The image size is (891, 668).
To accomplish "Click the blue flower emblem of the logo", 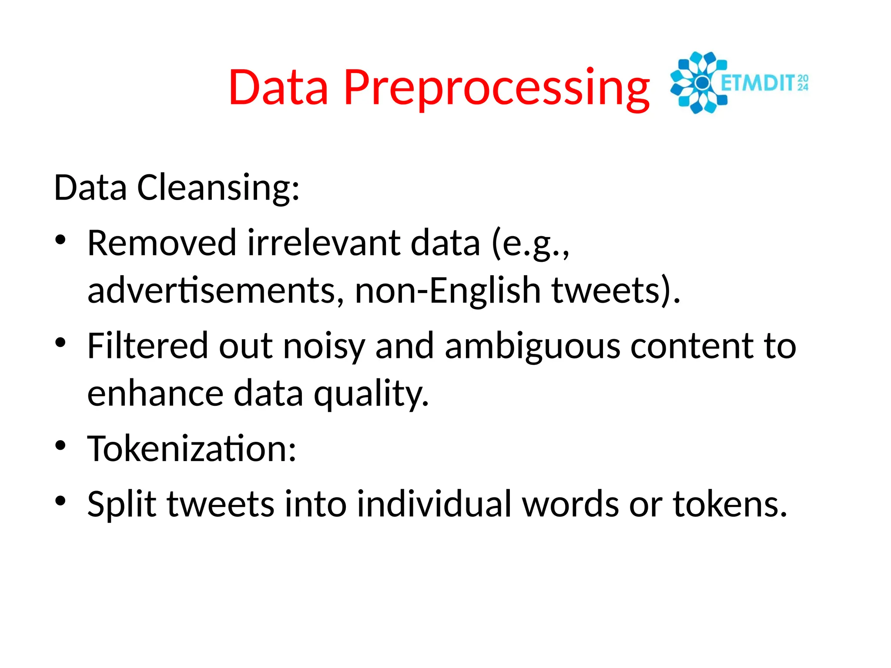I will click(699, 83).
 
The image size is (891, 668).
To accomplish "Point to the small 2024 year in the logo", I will click(803, 83).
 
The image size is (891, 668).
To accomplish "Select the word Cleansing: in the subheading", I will click(218, 188).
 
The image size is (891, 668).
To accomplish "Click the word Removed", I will click(161, 243).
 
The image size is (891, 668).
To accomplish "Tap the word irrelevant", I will click(324, 243).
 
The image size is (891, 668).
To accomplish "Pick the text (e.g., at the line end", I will click(530, 244).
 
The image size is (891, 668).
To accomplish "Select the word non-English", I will click(448, 291).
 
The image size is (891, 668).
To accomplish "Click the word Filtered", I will click(147, 346).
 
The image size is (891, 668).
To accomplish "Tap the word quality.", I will click(372, 394).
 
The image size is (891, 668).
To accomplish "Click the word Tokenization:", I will click(192, 449).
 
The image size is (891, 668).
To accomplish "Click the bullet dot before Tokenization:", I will click(60, 445).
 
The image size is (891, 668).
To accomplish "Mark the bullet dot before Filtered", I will click(60, 343).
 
